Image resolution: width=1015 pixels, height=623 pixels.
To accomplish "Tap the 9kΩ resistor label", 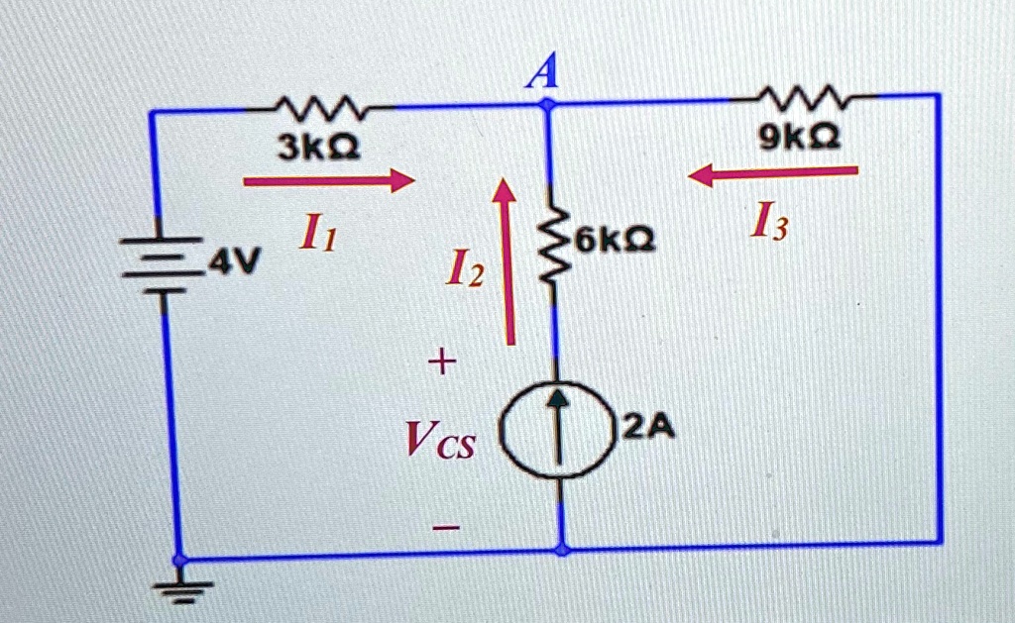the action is pos(800,137).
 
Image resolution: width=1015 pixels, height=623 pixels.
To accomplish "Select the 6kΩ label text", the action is pos(615,240).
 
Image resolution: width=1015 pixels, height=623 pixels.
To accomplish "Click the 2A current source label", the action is pos(648,427).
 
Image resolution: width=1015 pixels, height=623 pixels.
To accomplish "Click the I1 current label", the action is pos(318,232).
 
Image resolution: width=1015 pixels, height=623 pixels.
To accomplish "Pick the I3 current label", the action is pos(769,222).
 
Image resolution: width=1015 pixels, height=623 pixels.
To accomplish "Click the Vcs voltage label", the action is pos(440,440).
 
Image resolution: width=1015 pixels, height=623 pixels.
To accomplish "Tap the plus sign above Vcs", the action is pos(441,361).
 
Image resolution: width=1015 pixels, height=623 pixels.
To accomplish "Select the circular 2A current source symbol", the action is pos(557,430).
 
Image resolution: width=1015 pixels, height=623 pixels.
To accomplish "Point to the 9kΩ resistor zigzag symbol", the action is pos(801,97).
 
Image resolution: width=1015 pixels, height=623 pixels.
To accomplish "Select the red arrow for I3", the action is pos(773,174).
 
